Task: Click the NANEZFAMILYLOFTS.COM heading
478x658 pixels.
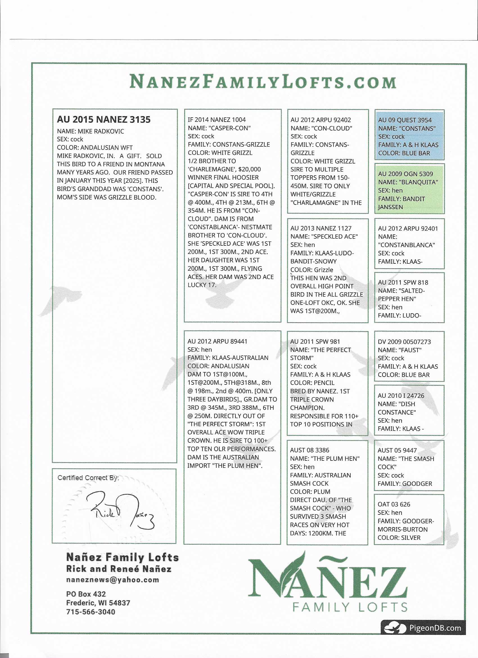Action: [263, 82]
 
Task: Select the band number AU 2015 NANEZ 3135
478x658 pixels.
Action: [103, 119]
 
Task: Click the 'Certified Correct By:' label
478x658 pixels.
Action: [88, 478]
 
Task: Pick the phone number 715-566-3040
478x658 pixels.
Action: [91, 612]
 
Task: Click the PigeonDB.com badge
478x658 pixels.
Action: [423, 628]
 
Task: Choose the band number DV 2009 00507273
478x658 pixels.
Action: [404, 342]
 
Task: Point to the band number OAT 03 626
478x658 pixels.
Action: [394, 504]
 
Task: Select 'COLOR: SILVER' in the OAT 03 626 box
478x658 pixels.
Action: [399, 538]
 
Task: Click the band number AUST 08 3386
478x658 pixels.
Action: [310, 450]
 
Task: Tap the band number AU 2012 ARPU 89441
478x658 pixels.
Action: [217, 341]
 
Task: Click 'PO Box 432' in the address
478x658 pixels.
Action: [86, 594]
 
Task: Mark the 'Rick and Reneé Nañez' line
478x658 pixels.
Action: [119, 569]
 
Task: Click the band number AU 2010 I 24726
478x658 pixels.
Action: [401, 396]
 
